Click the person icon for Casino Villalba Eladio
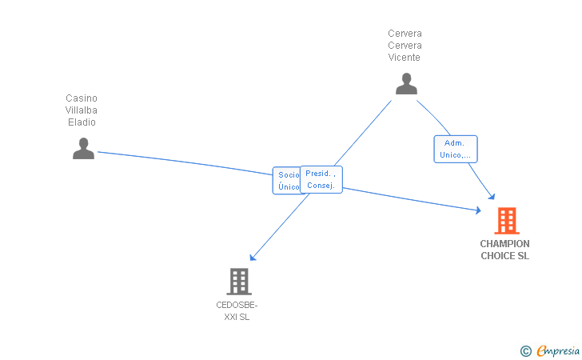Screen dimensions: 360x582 point(83,148)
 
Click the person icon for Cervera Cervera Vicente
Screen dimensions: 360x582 point(406,83)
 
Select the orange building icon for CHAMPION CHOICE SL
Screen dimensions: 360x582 point(506,221)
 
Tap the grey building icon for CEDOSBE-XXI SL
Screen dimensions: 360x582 point(238,282)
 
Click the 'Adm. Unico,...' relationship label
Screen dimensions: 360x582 point(456,149)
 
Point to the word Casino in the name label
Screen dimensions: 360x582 point(82,98)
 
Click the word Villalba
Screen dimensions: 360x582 point(82,110)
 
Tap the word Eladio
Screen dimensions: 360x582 point(82,122)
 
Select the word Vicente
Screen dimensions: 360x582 point(405,58)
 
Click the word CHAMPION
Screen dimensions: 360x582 point(504,244)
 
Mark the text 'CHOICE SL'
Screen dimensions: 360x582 point(504,256)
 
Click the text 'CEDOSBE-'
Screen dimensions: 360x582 point(237,305)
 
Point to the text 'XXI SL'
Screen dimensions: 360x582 point(237,317)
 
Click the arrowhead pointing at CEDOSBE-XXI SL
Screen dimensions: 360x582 point(252,258)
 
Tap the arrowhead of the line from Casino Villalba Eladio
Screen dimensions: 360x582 point(478,210)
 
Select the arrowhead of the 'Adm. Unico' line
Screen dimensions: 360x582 point(492,197)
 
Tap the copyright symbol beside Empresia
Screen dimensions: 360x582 point(525,350)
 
